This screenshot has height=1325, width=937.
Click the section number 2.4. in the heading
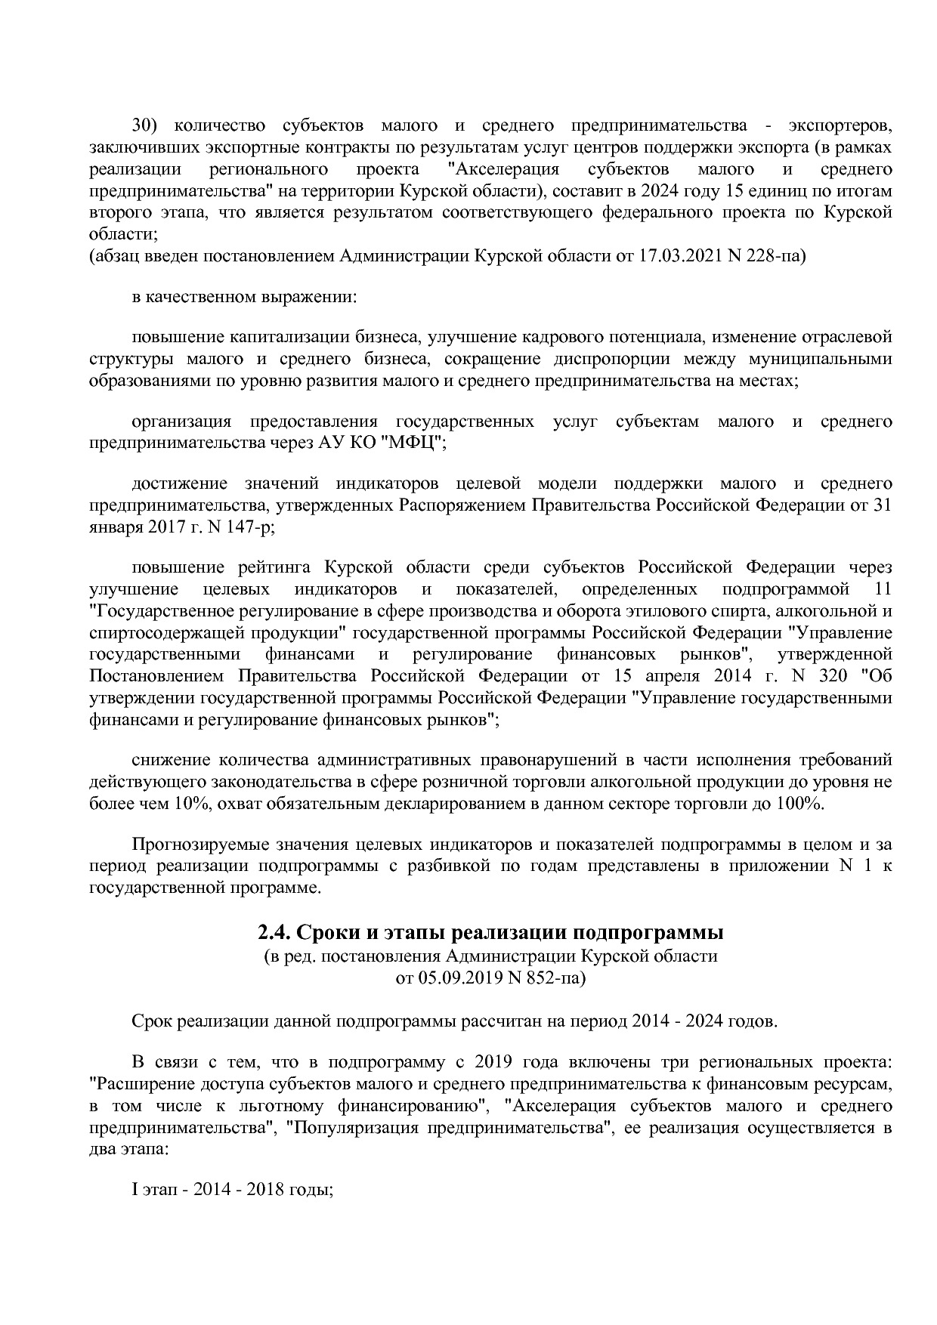(x=274, y=933)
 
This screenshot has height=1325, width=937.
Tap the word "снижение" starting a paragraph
(x=171, y=760)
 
